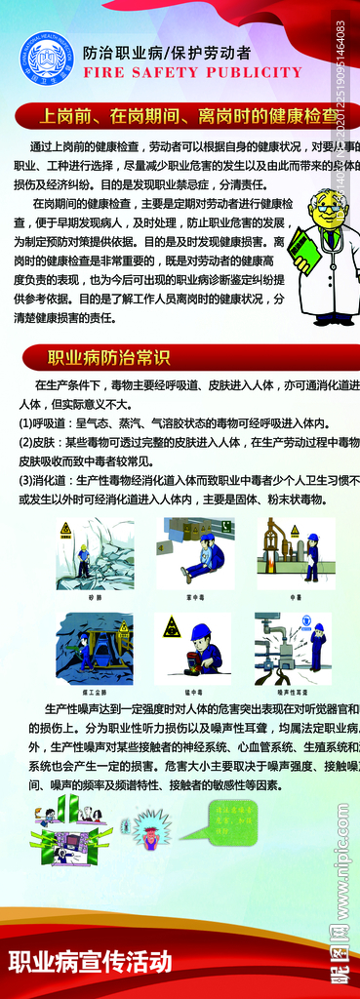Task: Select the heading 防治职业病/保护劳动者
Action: [167, 53]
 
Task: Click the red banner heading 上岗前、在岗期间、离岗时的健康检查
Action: [185, 116]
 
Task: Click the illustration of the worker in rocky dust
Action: [95, 553]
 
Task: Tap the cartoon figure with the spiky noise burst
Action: [152, 826]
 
